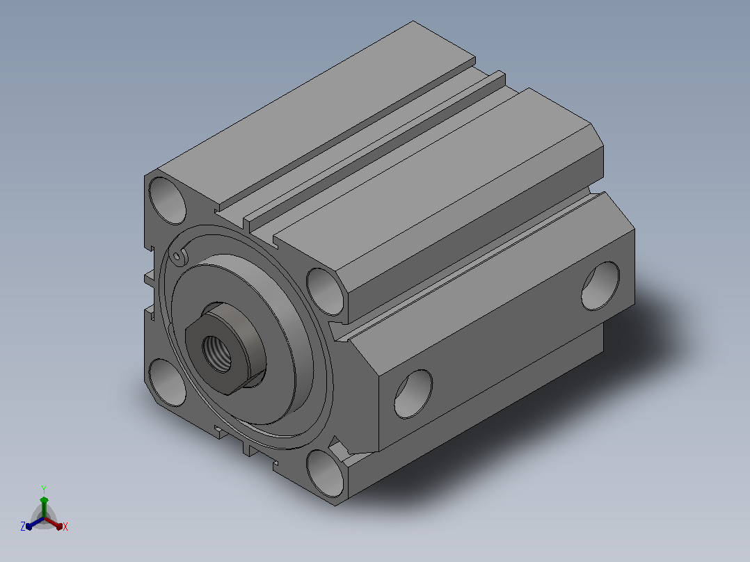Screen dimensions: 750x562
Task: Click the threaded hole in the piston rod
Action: [x=216, y=353]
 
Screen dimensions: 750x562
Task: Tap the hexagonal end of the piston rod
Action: [x=225, y=348]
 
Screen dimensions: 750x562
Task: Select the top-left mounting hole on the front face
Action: [x=167, y=200]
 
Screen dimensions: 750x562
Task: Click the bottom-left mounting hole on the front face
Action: [x=167, y=383]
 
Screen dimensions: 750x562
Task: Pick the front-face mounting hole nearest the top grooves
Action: [x=326, y=291]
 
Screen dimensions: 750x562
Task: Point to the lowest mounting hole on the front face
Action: [x=326, y=473]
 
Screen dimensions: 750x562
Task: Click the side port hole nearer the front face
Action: [x=413, y=394]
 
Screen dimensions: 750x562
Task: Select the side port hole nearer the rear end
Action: [x=600, y=286]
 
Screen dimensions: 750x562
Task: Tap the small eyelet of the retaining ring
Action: [x=177, y=257]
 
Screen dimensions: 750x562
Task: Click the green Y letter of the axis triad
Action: [x=44, y=489]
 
